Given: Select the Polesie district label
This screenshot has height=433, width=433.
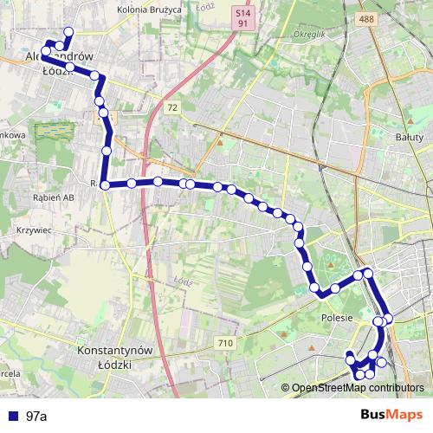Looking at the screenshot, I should coord(336,318).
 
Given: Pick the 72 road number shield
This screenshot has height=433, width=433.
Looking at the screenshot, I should coord(172,107).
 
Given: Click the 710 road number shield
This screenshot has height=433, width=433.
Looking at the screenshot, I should coord(226,344).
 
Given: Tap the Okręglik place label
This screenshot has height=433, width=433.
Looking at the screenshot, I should coord(308,35).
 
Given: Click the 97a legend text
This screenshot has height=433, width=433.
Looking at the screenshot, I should coord(36,417).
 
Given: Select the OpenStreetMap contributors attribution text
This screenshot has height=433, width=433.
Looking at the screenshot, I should coord(358,389).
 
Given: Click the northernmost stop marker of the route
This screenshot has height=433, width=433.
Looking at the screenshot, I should coord(68,33).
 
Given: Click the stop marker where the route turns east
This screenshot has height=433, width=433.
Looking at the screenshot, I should coord(105,184).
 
